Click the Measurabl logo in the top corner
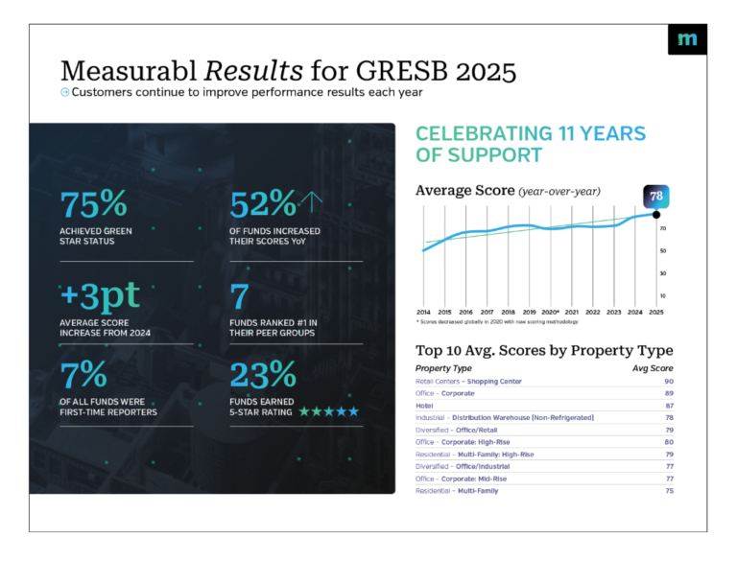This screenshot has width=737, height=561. (686, 39)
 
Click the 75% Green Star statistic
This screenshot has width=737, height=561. (93, 204)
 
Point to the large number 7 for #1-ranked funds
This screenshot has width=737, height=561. (241, 298)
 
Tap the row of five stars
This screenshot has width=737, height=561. (328, 411)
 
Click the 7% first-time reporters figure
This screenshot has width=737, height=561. (84, 372)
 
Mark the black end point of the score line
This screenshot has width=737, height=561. (656, 214)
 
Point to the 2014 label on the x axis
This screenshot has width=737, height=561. (423, 313)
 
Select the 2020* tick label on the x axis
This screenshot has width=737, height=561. (550, 313)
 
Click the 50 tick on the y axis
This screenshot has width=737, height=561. (663, 251)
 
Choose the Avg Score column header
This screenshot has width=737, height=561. (653, 368)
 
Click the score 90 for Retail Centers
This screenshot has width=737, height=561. (668, 382)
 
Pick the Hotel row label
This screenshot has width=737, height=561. (425, 406)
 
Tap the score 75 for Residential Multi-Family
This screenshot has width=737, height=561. (668, 491)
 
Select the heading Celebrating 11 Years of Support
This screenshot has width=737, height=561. (530, 144)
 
